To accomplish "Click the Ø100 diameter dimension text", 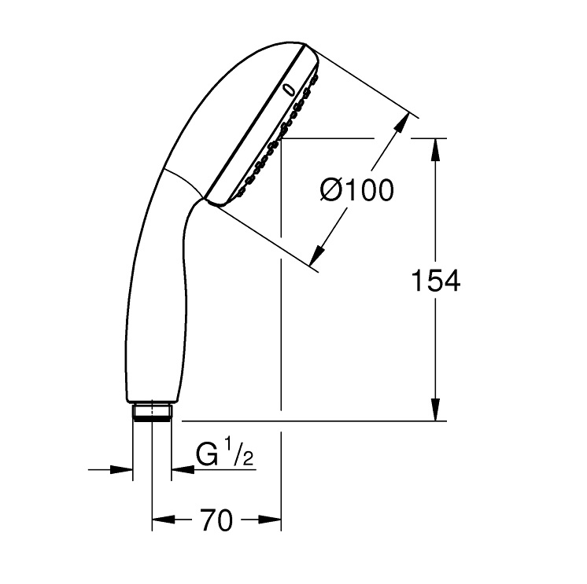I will pos(356,190).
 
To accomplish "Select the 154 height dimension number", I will pos(437,281).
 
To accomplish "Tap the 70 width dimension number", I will pos(216,520).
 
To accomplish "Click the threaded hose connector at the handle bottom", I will pos(151,413).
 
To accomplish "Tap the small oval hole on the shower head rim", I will pos(290,90).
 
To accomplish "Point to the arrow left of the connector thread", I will pos(121,470).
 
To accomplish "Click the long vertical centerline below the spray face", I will pos(281,314).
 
